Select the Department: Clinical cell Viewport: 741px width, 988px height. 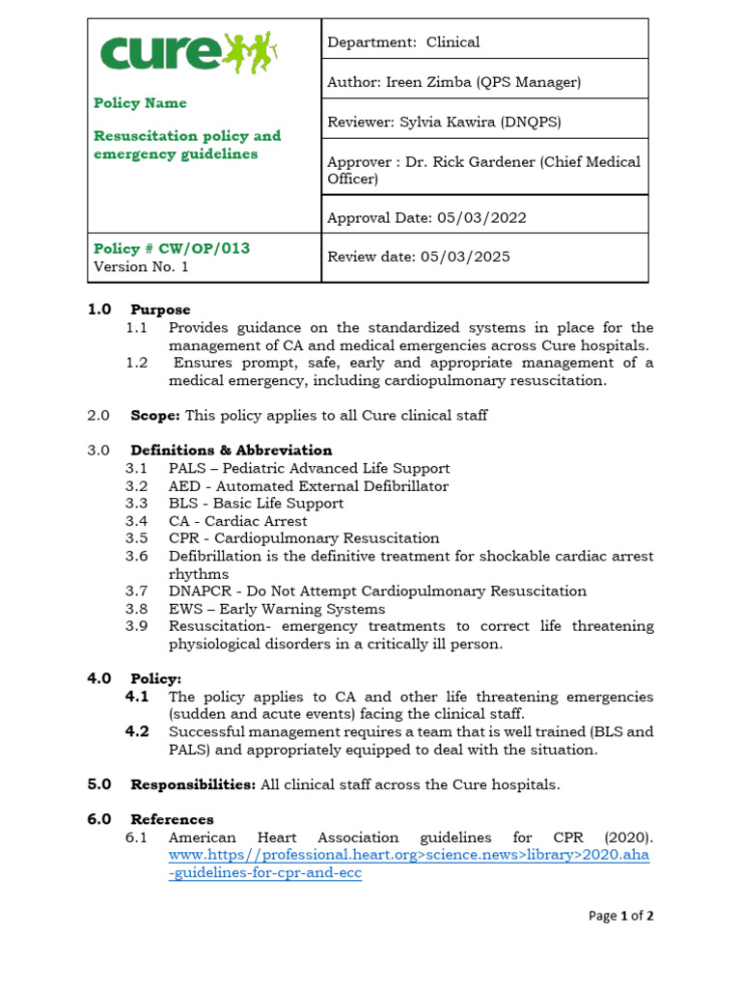point(403,41)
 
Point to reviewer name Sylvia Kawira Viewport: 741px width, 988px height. point(465,122)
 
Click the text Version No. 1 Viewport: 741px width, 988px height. point(134,266)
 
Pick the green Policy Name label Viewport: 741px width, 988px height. point(140,103)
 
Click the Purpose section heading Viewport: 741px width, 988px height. point(160,310)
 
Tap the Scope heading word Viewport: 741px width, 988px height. point(155,415)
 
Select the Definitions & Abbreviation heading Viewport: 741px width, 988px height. point(232,451)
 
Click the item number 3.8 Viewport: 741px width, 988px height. point(136,609)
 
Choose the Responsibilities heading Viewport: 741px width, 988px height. point(193,784)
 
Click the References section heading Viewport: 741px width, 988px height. point(172,819)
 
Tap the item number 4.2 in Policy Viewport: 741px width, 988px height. point(137,731)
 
